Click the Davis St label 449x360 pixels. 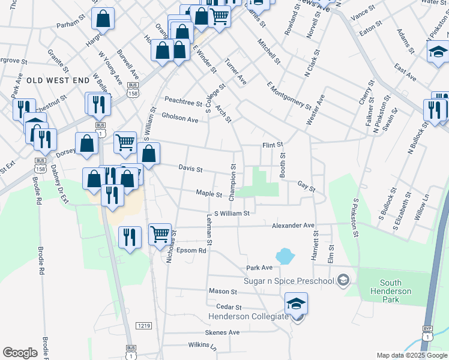point(191,169)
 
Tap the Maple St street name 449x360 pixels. point(209,193)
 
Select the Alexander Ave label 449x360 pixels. point(293,226)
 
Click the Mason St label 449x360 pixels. point(223,291)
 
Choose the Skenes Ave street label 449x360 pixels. point(222,332)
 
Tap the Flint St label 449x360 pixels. point(272,145)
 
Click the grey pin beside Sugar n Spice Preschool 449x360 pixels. point(343,280)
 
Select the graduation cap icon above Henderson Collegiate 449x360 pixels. point(296,302)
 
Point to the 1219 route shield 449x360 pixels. point(143,326)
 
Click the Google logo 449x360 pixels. point(20,353)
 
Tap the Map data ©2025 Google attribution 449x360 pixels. point(411,355)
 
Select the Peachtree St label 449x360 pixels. point(183,103)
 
